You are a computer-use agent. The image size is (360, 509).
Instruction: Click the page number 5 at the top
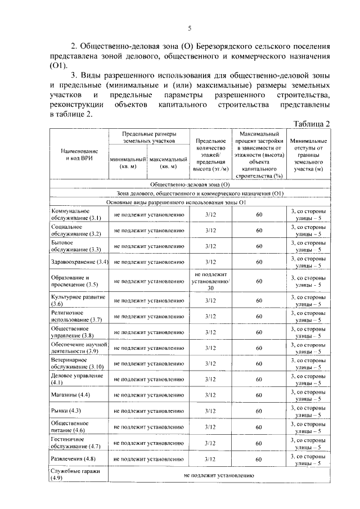(190, 29)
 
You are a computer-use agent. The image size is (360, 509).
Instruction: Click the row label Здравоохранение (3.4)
(79, 262)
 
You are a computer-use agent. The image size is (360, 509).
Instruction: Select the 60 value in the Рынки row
(259, 412)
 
